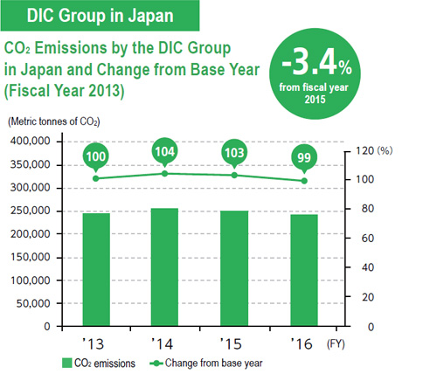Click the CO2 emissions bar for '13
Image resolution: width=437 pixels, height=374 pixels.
point(96,269)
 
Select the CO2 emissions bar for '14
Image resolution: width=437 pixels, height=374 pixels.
point(164,267)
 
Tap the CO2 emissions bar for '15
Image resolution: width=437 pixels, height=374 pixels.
point(234,268)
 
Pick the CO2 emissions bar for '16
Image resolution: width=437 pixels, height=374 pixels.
point(304,270)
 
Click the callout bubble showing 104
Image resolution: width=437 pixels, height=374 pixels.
point(164,151)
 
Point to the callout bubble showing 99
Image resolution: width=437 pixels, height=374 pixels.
point(304,158)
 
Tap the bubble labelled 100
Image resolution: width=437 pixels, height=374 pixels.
point(96,156)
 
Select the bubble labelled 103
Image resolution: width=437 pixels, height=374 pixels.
point(234,153)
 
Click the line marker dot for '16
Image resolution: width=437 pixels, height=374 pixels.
point(304,181)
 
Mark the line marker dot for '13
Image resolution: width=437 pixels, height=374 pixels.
point(96,178)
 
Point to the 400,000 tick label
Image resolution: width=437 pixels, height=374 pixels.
point(31,142)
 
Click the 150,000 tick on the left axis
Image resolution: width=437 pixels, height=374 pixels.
point(31,257)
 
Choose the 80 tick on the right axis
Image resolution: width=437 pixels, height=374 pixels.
point(368,209)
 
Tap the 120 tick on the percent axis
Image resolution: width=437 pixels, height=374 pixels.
point(364,150)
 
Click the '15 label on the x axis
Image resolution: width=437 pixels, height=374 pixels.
point(231,344)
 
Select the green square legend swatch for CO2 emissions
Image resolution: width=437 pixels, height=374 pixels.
point(66,364)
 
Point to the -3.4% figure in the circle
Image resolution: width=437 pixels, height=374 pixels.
point(316,63)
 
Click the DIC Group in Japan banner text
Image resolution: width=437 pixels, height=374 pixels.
point(100,16)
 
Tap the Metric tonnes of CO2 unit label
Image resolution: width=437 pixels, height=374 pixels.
point(54,121)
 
